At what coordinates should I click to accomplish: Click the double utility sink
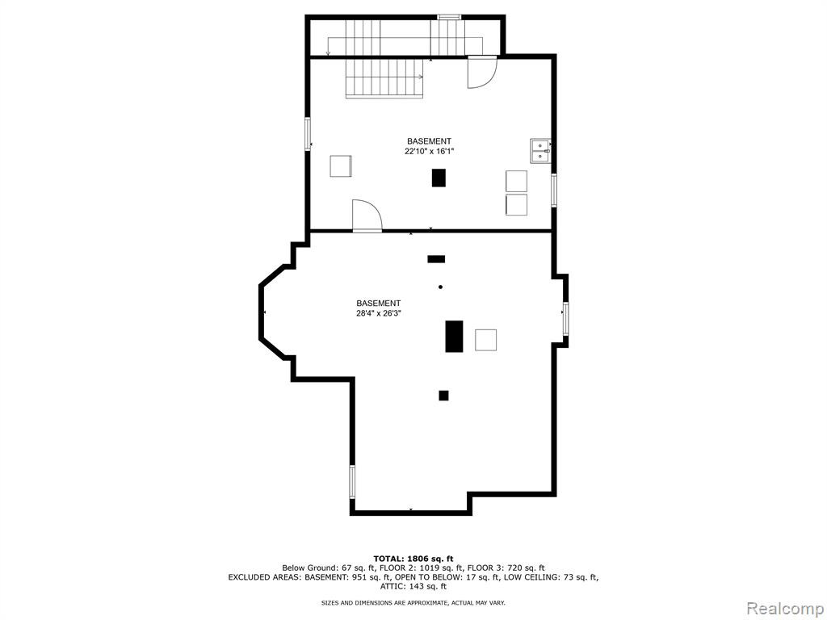tap(540, 150)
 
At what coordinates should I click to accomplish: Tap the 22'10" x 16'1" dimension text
tap(429, 151)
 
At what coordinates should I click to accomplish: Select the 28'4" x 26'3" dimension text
tap(378, 313)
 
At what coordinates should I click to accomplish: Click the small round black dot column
tap(440, 287)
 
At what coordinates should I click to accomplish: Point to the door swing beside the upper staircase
tap(482, 72)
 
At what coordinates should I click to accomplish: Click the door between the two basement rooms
tap(367, 216)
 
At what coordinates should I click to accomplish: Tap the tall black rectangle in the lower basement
tap(454, 336)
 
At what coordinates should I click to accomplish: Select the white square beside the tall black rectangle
tap(485, 340)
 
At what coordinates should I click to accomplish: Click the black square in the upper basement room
tap(439, 177)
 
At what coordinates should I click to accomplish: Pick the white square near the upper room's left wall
tap(341, 166)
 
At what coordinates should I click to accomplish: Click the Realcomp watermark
tap(783, 608)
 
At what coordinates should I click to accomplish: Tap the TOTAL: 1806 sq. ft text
tap(413, 559)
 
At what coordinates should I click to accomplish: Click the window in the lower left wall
tap(352, 482)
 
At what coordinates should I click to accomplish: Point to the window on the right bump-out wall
tap(566, 318)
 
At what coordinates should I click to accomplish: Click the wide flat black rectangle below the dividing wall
tap(436, 259)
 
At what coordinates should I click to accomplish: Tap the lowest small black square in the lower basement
tap(443, 396)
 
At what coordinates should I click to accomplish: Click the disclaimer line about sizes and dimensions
tap(413, 602)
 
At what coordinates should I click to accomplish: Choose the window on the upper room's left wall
tap(308, 135)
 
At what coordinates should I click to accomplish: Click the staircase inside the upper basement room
tap(384, 78)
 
